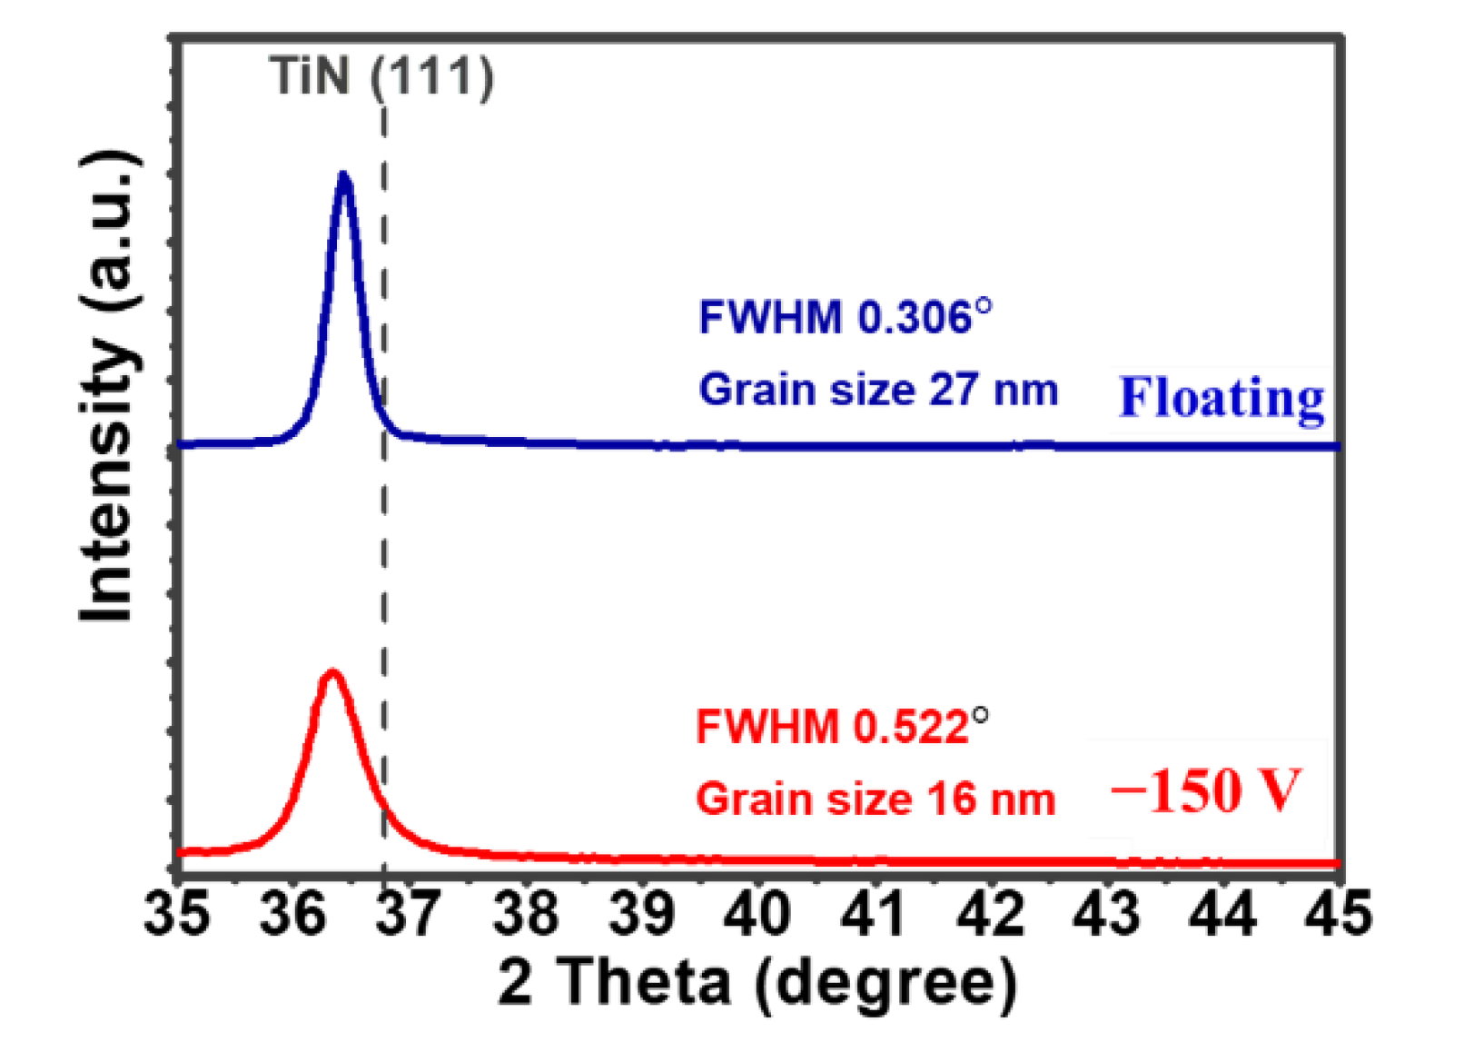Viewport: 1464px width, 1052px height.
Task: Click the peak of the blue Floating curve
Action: [x=343, y=174]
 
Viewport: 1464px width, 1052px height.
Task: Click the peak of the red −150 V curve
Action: [x=332, y=673]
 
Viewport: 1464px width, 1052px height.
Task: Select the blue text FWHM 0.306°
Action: [x=845, y=318]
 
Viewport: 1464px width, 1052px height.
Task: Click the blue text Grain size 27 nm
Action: [x=878, y=390]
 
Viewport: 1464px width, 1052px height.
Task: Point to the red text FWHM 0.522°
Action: [x=841, y=727]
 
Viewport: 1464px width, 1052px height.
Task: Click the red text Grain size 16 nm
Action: [x=875, y=799]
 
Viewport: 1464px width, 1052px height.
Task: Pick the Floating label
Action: [x=1222, y=398]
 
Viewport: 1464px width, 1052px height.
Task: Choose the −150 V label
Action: [x=1206, y=790]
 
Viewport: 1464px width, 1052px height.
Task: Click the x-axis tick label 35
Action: [x=176, y=912]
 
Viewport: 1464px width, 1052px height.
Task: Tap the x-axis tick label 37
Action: [x=409, y=912]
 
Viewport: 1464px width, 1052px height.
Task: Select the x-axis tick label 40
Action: [x=757, y=912]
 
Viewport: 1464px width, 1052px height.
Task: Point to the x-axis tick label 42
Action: [x=990, y=912]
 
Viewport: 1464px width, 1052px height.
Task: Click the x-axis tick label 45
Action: [x=1338, y=912]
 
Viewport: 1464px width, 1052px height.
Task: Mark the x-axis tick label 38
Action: [x=525, y=912]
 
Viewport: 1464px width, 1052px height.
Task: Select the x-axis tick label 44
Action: [x=1222, y=912]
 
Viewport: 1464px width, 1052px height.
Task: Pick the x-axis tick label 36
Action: [x=292, y=912]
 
